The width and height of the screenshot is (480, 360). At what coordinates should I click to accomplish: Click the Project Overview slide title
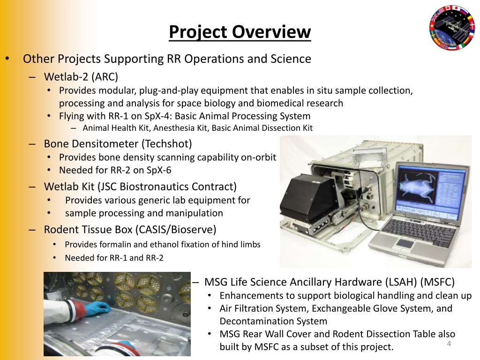coord(240,32)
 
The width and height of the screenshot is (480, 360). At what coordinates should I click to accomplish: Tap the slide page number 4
coord(449,345)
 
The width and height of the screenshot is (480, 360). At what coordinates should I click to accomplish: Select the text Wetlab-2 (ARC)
coord(81,76)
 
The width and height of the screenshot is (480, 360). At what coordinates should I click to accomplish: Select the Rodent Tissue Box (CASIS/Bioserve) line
coord(130,230)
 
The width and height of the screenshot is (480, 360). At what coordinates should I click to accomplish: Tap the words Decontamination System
coord(273,321)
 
